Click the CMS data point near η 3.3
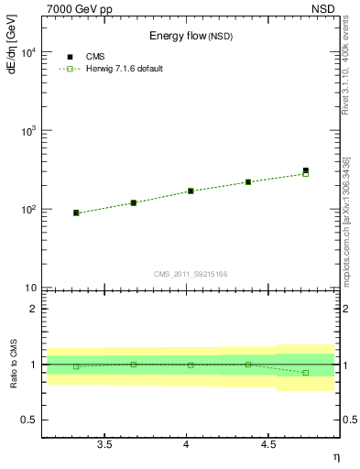click(x=76, y=213)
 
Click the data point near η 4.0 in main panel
click(x=191, y=191)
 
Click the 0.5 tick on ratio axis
click(x=30, y=420)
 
